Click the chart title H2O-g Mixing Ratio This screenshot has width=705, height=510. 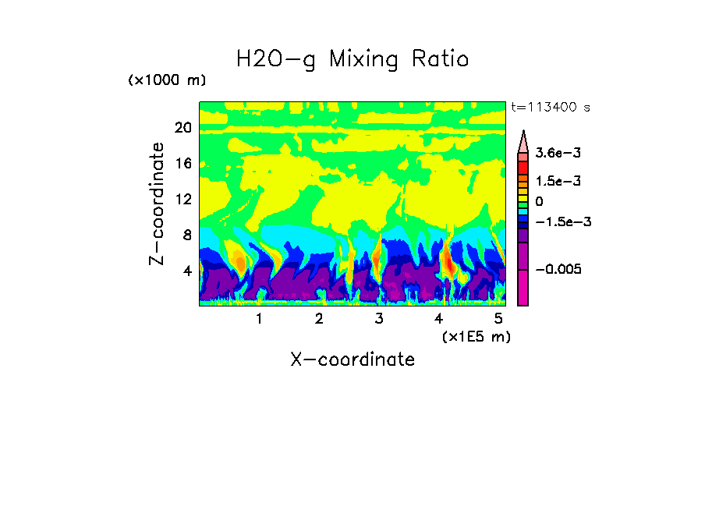[x=352, y=59]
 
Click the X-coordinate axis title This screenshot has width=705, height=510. [x=352, y=359]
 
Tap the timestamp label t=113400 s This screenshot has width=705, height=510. [x=550, y=107]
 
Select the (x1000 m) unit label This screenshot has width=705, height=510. [x=167, y=81]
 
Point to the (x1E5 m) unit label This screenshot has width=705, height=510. [x=476, y=336]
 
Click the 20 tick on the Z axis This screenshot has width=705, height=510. [x=183, y=127]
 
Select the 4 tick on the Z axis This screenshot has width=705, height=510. [x=187, y=271]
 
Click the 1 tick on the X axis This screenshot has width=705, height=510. [x=259, y=318]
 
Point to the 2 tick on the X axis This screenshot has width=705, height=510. [x=319, y=318]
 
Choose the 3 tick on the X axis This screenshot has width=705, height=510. [x=379, y=318]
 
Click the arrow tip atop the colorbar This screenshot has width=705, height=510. [x=523, y=133]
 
